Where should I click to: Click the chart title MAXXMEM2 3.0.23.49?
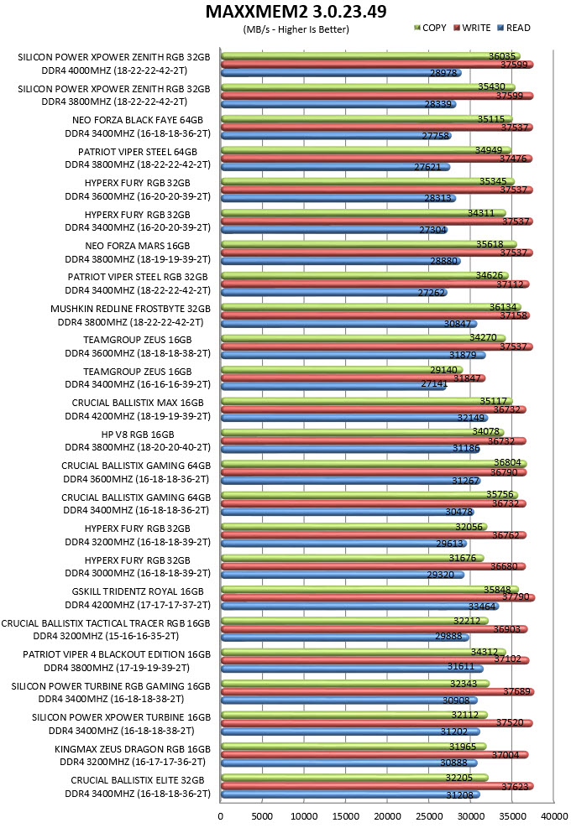click(296, 11)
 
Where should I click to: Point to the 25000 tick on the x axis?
click(428, 816)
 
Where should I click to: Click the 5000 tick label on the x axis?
click(262, 816)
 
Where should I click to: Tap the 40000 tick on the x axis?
click(554, 816)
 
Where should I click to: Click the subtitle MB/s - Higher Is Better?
click(296, 29)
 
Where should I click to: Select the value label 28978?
click(443, 73)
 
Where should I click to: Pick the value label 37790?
click(516, 596)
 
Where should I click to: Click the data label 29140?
click(443, 370)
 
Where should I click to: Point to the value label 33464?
click(482, 607)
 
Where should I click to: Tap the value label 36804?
click(507, 462)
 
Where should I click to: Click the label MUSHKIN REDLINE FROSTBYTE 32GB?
click(131, 309)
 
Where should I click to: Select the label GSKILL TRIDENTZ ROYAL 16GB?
click(138, 591)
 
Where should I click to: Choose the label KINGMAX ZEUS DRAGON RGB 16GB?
click(133, 749)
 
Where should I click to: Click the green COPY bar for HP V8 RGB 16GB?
click(362, 433)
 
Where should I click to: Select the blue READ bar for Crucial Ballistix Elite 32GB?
click(350, 794)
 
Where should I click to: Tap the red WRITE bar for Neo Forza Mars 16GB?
click(376, 253)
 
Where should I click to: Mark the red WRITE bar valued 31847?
click(354, 378)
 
